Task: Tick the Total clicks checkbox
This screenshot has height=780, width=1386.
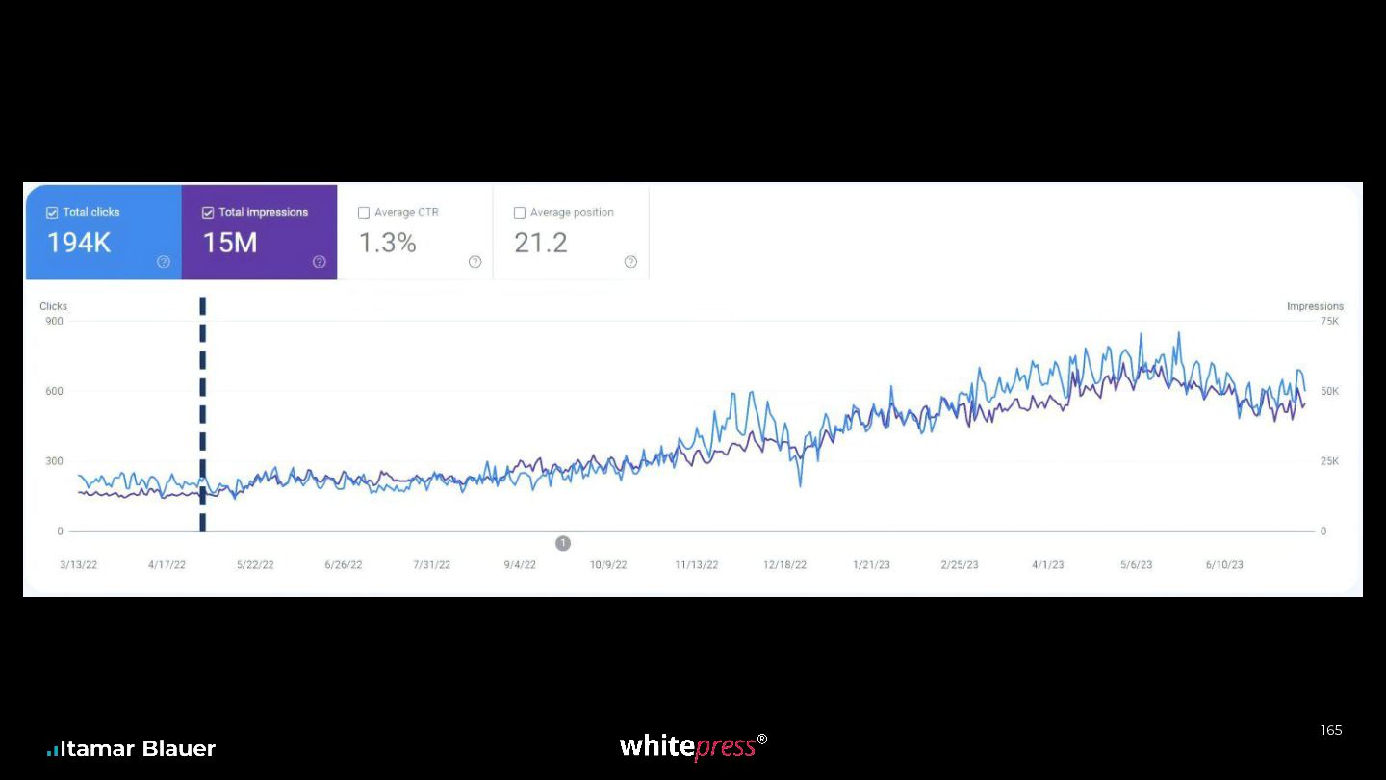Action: coord(52,212)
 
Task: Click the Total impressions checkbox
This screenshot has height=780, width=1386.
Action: coord(208,212)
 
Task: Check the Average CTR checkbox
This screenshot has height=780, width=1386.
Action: coord(364,212)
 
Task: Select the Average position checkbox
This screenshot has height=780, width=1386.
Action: coord(520,212)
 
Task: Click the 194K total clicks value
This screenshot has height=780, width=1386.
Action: coord(79,243)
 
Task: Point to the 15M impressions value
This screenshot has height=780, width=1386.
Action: coord(230,243)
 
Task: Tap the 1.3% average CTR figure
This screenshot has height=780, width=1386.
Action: coord(387,243)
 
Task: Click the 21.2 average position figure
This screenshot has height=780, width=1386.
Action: coord(541,243)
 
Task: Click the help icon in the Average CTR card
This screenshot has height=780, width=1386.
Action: coord(475,262)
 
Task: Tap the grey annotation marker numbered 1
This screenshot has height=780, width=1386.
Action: coord(563,543)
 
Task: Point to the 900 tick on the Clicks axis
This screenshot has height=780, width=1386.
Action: coord(55,321)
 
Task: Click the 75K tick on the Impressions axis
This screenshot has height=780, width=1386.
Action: coord(1330,321)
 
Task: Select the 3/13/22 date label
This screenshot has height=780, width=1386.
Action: coord(79,564)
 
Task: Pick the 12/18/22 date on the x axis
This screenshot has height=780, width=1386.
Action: coord(784,564)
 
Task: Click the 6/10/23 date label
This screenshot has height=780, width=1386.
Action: coord(1224,564)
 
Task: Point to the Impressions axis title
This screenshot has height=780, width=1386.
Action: coord(1315,306)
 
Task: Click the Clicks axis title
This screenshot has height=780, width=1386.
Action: coord(53,306)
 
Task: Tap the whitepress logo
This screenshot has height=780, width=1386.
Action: coord(693,746)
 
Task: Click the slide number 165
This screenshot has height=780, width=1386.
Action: coord(1331,730)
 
